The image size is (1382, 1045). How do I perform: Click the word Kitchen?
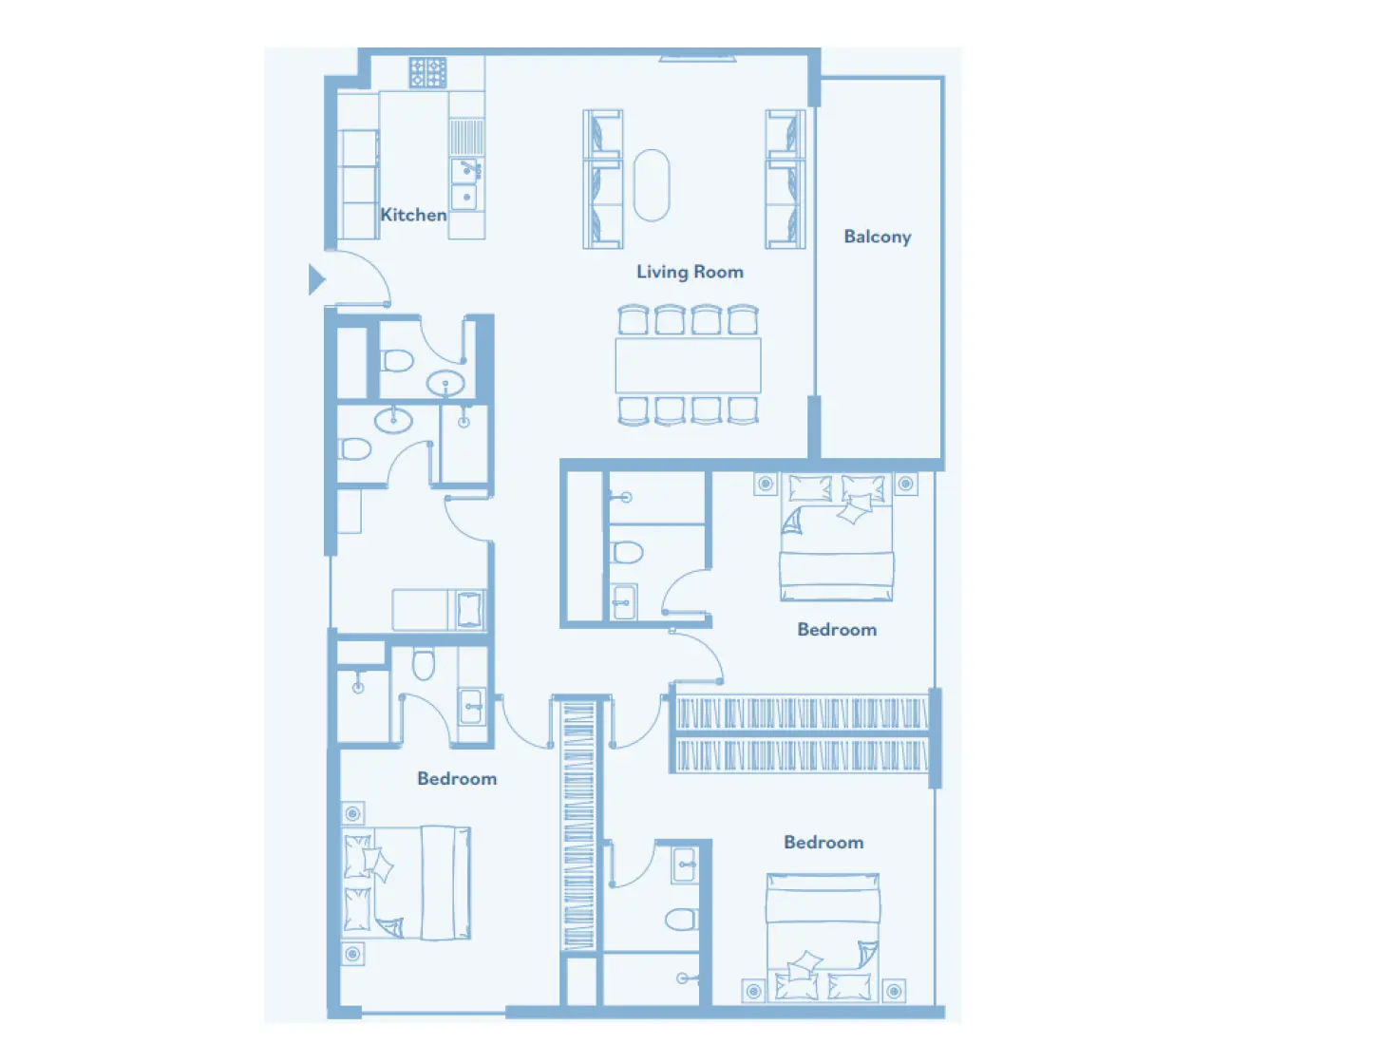click(413, 215)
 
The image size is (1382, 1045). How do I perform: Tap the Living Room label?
click(690, 272)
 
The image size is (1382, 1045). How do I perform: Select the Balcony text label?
click(877, 237)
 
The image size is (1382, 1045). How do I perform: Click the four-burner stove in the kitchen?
click(427, 72)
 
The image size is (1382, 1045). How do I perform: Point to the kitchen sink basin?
click(465, 183)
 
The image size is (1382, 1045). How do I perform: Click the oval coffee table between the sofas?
click(652, 185)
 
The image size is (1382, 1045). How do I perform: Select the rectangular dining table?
click(688, 366)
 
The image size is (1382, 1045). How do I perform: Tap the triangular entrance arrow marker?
click(316, 279)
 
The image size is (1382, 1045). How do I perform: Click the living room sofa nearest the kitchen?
click(602, 179)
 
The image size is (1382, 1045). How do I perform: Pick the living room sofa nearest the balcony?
click(786, 179)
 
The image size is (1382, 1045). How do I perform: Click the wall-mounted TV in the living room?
click(697, 59)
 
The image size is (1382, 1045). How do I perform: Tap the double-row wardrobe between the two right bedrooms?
click(800, 734)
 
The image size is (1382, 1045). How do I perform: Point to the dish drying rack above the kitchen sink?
click(465, 137)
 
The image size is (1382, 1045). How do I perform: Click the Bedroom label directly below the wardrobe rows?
click(824, 843)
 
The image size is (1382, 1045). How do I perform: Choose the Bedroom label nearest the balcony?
click(837, 630)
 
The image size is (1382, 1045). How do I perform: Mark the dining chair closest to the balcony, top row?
click(743, 320)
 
